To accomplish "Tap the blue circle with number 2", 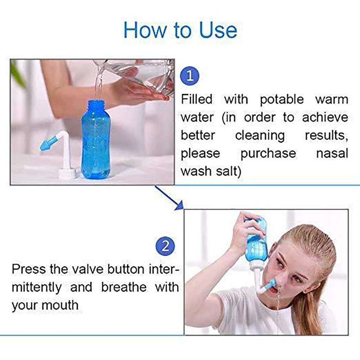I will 165,246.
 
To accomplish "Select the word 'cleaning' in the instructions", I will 260,135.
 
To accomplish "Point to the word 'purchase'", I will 268,153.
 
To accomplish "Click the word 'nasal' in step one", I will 332,153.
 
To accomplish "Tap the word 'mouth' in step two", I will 60,305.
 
